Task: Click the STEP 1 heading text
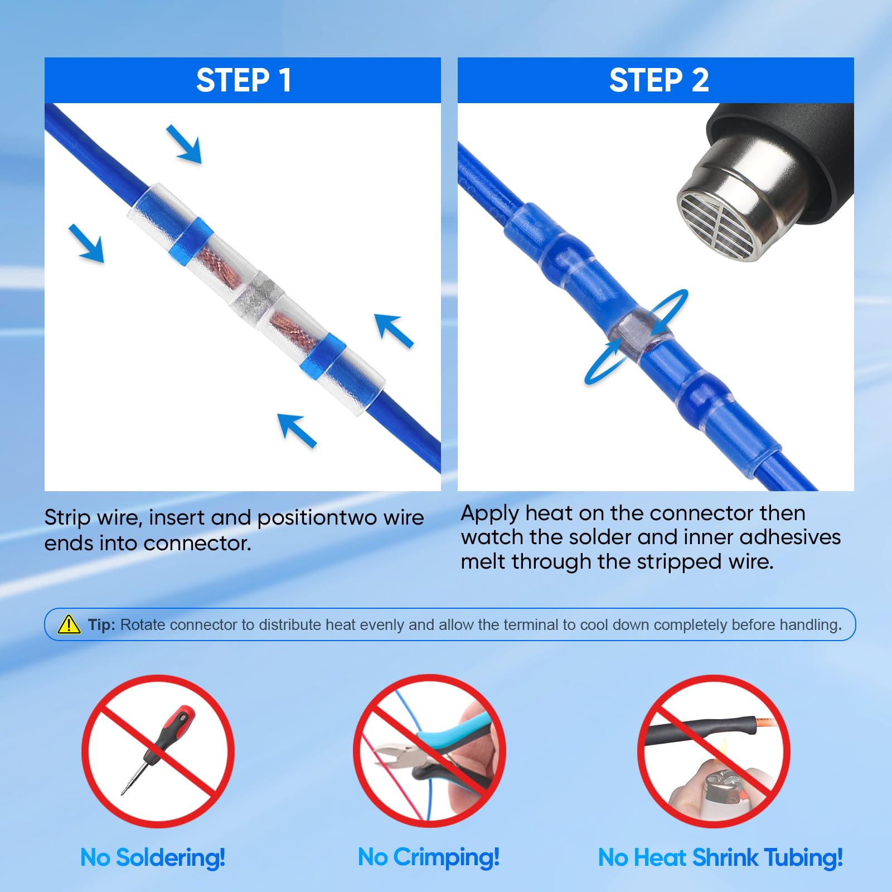click(243, 80)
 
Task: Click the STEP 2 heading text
click(658, 80)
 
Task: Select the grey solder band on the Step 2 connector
click(636, 335)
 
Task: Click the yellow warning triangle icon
click(69, 624)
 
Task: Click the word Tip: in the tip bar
click(101, 625)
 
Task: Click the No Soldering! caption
click(152, 857)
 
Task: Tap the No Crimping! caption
click(428, 857)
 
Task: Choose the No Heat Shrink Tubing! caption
click(720, 857)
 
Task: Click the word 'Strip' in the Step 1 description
click(67, 518)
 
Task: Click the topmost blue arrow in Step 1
click(185, 143)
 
